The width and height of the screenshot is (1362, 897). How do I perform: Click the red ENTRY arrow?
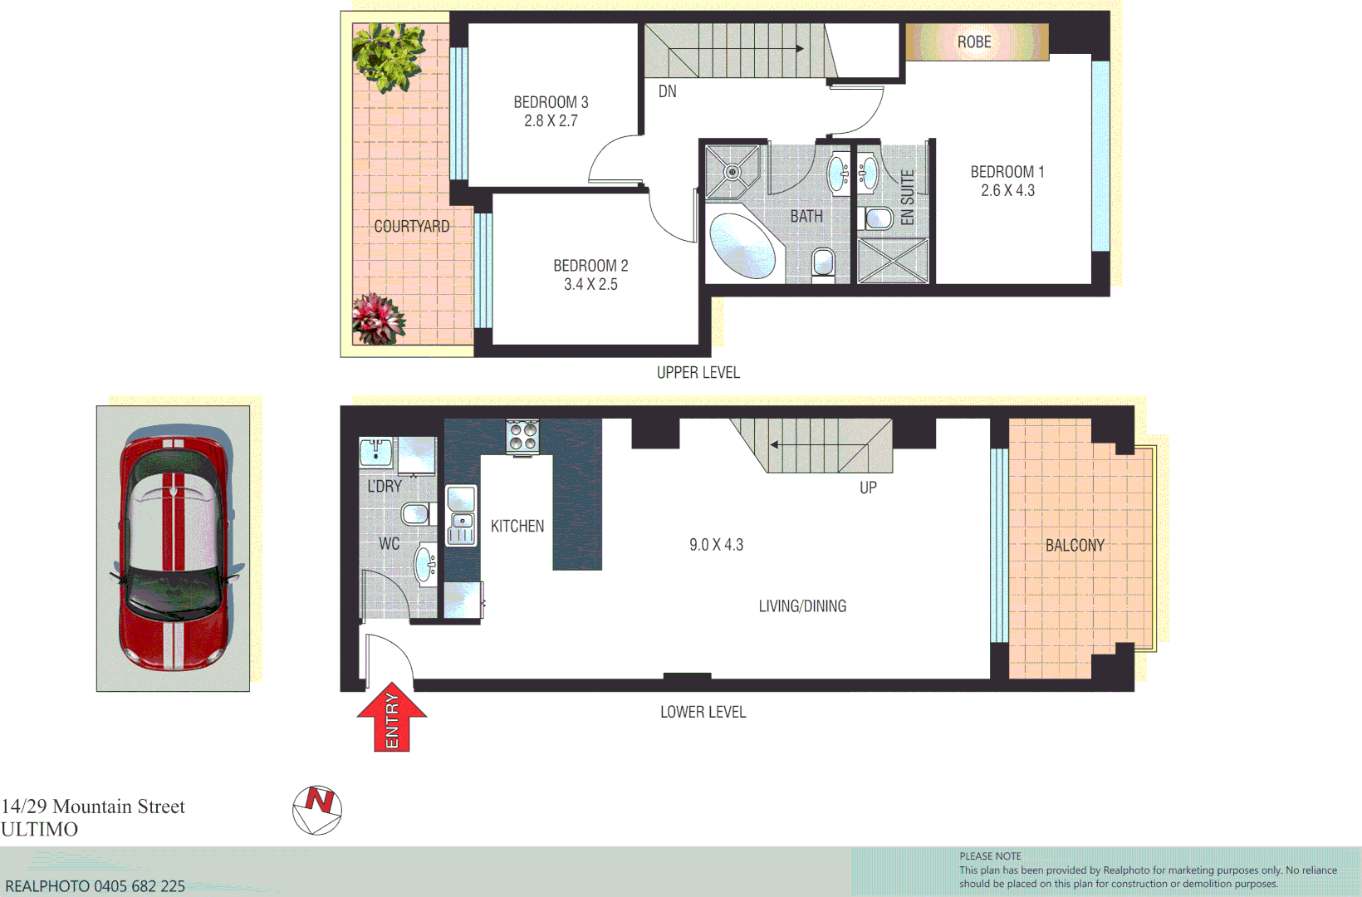[392, 718]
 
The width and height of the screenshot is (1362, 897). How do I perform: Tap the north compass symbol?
[317, 810]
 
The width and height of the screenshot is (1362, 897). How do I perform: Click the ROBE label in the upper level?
[974, 42]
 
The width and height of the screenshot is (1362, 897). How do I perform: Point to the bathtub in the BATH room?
[742, 247]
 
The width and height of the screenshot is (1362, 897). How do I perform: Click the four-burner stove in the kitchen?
[522, 436]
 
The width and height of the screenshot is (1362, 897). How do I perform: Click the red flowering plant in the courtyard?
[378, 319]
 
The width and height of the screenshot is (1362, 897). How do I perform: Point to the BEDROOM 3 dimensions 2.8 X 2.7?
[551, 121]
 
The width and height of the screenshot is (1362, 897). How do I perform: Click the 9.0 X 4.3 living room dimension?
[716, 545]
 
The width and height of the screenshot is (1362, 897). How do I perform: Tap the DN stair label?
[668, 91]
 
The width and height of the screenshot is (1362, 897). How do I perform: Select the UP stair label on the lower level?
[868, 488]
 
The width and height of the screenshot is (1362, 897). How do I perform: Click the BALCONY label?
[1075, 546]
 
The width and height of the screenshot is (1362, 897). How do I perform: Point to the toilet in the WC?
[416, 513]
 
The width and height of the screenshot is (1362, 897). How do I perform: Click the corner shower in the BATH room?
[732, 172]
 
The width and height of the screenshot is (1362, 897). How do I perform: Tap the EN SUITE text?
[908, 198]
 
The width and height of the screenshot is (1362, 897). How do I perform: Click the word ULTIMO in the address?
[40, 829]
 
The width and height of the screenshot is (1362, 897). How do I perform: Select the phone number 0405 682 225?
[140, 886]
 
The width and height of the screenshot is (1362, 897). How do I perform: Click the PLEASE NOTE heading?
[990, 856]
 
